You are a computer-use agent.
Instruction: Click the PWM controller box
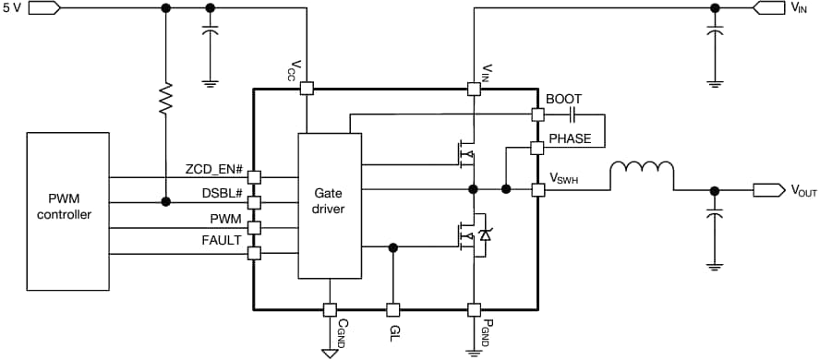click(70, 209)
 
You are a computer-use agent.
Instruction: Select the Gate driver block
click(329, 206)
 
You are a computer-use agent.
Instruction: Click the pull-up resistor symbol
click(166, 99)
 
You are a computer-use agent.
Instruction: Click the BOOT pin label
click(563, 99)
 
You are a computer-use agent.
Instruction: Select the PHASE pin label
click(570, 138)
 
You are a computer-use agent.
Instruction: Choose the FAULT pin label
click(222, 240)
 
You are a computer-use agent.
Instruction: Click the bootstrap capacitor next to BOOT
click(573, 115)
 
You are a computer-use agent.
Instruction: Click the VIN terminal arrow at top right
click(768, 8)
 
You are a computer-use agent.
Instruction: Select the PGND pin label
click(488, 330)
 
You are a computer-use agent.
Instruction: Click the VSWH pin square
click(537, 189)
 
